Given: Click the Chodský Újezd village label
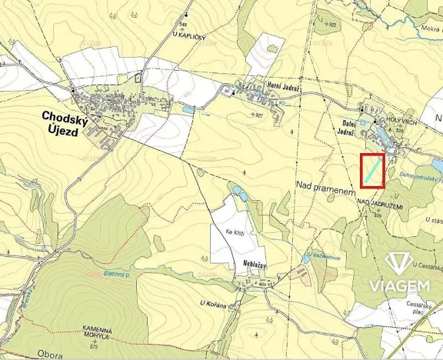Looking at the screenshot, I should click(70, 122).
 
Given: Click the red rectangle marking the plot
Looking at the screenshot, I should click(372, 171).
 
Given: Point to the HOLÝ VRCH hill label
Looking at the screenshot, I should click(388, 121).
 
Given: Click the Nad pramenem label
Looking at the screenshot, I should click(324, 185).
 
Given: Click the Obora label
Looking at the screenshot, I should click(51, 355).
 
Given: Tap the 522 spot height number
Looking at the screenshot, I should click(331, 25).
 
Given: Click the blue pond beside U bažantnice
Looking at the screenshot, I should click(306, 259).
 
